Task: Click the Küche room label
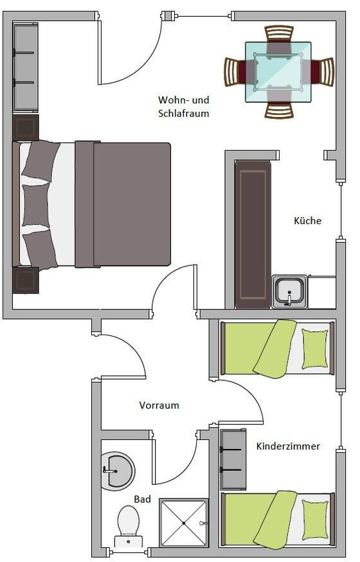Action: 307,220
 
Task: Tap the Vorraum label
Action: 159,405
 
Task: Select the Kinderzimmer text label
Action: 288,446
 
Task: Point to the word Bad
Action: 142,499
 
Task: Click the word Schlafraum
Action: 184,114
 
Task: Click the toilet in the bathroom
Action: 129,526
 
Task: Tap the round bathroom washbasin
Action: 118,470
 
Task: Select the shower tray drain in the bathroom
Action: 184,523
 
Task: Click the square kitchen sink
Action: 290,292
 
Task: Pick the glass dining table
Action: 278,72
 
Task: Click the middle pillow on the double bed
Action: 35,206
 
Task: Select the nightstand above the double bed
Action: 26,128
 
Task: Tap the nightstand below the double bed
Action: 26,280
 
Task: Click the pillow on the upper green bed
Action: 315,349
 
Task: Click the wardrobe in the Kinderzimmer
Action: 233,459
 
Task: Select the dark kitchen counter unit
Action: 253,234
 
